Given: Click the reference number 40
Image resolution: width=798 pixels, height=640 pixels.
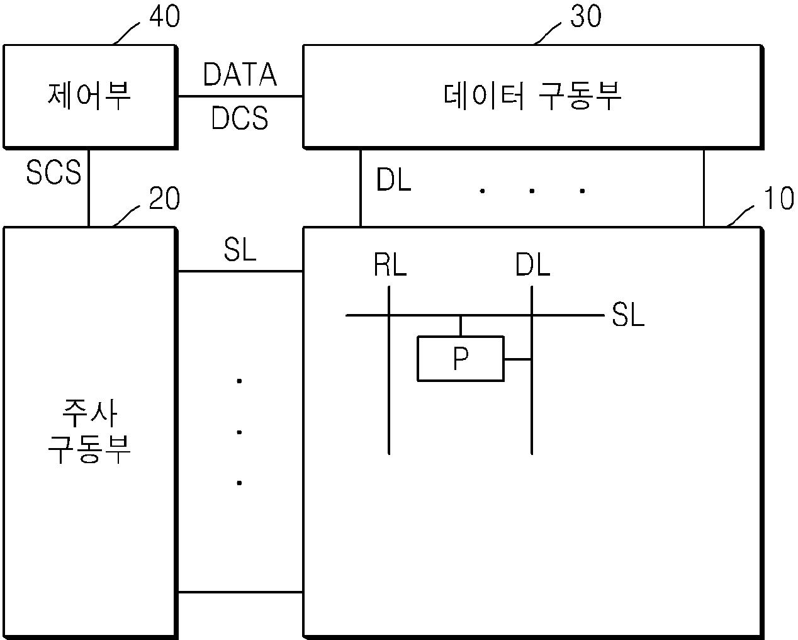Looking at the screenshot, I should [x=164, y=17].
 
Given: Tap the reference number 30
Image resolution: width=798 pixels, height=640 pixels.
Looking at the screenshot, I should [x=585, y=17].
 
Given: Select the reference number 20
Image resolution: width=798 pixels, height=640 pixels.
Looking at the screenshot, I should [x=164, y=199].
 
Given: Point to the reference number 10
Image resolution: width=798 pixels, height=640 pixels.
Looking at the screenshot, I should [x=778, y=199].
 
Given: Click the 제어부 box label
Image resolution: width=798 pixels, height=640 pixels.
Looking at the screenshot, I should [x=89, y=97].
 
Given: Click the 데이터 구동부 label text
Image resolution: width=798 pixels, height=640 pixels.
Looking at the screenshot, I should [x=532, y=97].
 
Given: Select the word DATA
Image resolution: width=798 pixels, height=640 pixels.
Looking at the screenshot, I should [x=240, y=75].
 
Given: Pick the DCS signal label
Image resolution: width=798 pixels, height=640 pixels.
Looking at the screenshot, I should [x=240, y=118].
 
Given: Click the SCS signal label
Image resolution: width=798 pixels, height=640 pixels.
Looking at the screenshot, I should [x=53, y=172].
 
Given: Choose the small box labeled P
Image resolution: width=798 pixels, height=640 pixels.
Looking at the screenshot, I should [x=461, y=359].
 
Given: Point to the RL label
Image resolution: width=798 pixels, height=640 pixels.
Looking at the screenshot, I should [x=390, y=266].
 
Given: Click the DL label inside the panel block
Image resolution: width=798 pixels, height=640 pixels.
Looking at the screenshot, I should [x=532, y=266].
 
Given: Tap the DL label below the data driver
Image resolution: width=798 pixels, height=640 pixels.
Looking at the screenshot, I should [x=393, y=181].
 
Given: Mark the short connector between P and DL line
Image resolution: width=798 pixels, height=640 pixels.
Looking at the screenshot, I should [x=518, y=359].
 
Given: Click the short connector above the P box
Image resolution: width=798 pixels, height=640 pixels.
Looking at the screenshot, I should [x=461, y=325].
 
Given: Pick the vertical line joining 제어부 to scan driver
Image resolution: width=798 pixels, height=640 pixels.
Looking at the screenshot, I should [x=89, y=188].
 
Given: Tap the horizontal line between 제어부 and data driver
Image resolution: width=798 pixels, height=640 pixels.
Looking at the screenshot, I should [x=240, y=96].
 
